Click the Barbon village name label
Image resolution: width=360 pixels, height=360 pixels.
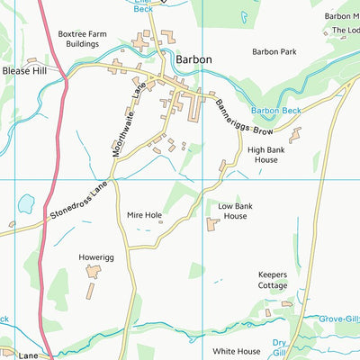(x=194, y=58)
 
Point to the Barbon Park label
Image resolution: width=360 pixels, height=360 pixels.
(x=274, y=52)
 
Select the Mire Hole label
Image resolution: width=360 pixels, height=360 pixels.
(x=144, y=216)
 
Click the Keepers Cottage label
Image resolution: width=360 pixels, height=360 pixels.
(x=273, y=280)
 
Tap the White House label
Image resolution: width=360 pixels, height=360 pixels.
(x=237, y=351)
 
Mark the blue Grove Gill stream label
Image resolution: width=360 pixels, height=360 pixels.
(x=340, y=319)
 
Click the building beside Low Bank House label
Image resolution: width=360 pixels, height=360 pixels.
(x=211, y=223)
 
